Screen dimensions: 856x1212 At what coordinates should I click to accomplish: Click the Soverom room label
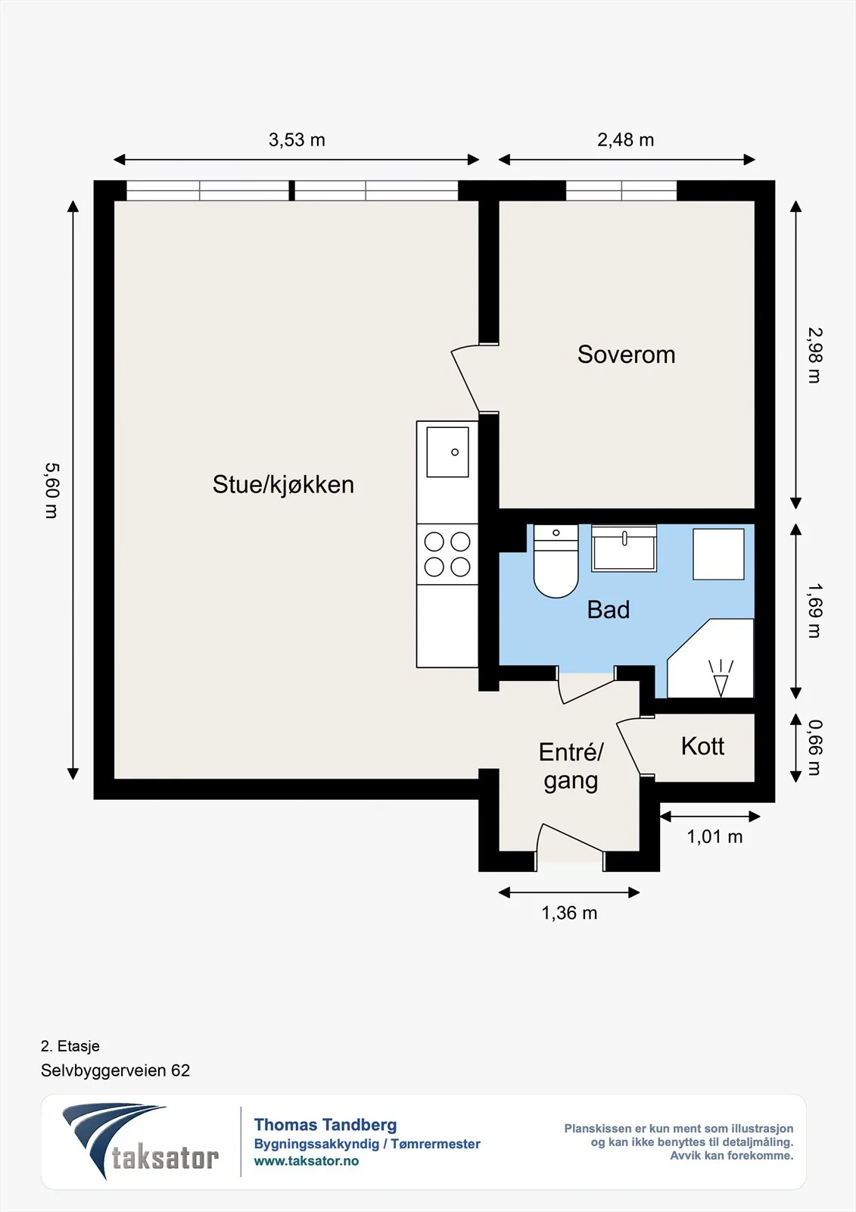[x=626, y=355]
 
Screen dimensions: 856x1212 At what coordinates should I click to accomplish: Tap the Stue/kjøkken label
[x=283, y=485]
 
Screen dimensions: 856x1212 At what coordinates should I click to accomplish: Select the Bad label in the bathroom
[x=609, y=610]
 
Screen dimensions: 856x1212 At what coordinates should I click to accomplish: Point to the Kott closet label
[x=702, y=746]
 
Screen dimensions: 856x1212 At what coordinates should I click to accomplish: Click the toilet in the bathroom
[x=556, y=561]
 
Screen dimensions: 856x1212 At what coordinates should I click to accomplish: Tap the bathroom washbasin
[x=624, y=548]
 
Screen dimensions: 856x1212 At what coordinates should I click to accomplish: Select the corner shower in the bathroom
[x=710, y=658]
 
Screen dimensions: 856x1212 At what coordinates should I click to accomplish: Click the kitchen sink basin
[x=447, y=451]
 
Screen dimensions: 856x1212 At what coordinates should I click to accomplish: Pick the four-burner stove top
[x=447, y=554]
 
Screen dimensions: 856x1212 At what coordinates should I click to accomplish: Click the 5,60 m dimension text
[x=51, y=490]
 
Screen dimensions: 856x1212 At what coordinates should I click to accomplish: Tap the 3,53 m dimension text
[x=297, y=140]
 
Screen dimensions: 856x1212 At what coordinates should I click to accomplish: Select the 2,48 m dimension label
[x=626, y=140]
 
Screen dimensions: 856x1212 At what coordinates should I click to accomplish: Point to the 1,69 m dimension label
[x=814, y=611]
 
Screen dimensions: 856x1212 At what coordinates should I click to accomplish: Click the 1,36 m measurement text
[x=569, y=913]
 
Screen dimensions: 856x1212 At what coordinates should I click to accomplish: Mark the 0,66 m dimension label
[x=814, y=747]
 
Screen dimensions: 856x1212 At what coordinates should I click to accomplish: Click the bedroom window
[x=621, y=190]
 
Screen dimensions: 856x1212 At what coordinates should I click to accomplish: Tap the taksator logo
[x=140, y=1142]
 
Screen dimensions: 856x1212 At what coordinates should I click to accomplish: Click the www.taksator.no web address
[x=307, y=1161]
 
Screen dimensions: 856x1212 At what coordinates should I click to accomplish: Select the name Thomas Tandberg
[x=325, y=1125]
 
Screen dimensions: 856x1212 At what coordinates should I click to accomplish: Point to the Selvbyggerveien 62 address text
[x=115, y=1070]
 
